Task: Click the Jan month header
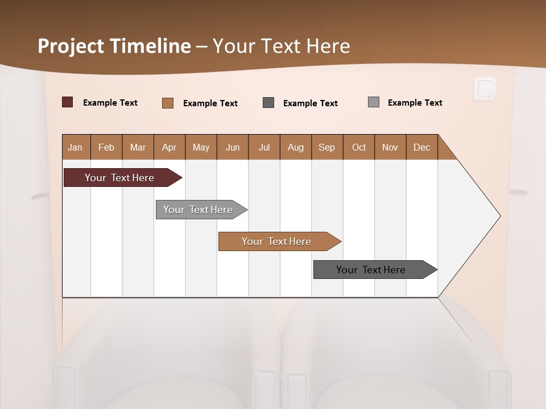click(76, 147)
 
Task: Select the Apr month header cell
click(169, 147)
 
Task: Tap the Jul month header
click(264, 147)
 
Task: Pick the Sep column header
click(326, 147)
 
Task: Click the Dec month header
click(421, 147)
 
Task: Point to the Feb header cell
click(106, 147)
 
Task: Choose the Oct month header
click(359, 147)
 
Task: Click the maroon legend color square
click(67, 102)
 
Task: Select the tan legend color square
click(167, 103)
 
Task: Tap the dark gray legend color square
click(268, 102)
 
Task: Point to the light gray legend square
click(373, 102)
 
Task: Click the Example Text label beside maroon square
click(110, 103)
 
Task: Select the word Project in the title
click(70, 46)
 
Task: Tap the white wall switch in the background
click(485, 89)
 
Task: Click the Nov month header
click(390, 147)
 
